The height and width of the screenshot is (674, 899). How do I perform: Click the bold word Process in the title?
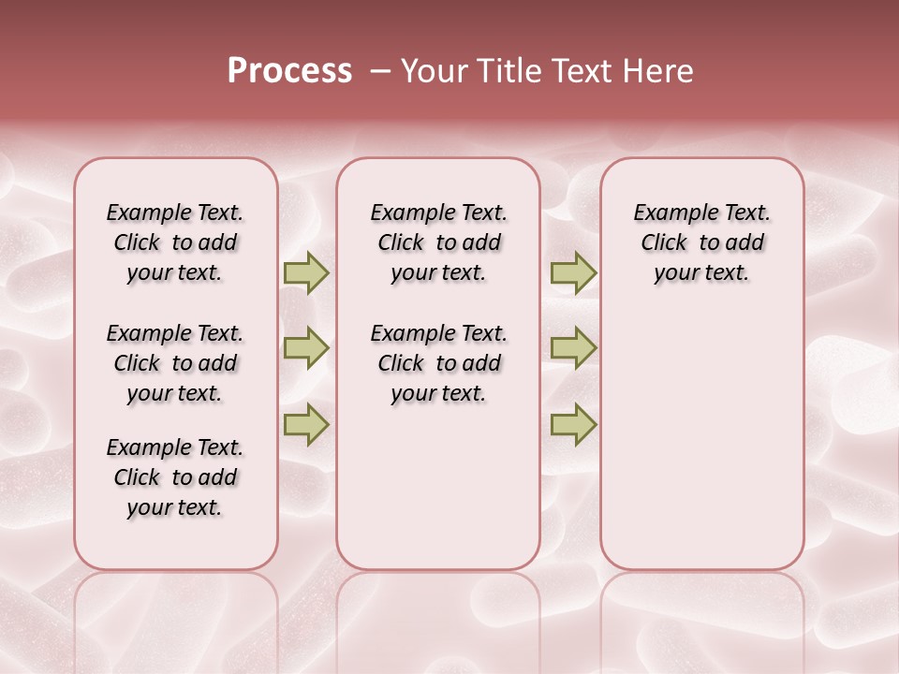click(x=289, y=71)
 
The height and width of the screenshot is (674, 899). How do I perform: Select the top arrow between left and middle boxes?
click(x=306, y=273)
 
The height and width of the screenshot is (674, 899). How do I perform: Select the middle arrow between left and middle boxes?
click(x=306, y=348)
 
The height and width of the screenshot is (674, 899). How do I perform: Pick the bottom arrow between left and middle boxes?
click(x=306, y=424)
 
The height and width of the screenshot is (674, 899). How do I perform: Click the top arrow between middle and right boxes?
click(x=573, y=273)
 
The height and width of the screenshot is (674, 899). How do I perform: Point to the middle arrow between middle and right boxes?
click(x=573, y=348)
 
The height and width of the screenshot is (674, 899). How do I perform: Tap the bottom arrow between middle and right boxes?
click(x=573, y=424)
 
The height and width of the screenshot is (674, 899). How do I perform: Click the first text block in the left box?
click(x=175, y=242)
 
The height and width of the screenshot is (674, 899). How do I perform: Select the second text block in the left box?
click(x=175, y=363)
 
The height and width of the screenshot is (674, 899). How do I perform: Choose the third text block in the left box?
click(x=175, y=477)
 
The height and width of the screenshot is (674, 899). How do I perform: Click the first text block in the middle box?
click(x=438, y=242)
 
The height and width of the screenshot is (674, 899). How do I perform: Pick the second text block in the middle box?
click(x=438, y=363)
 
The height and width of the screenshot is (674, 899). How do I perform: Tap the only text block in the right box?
click(x=702, y=242)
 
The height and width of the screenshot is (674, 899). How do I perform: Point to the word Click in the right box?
click(x=664, y=243)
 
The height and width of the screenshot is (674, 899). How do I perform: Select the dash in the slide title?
click(x=380, y=71)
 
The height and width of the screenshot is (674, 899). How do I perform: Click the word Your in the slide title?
click(x=434, y=71)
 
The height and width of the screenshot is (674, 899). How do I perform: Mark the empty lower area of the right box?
click(x=702, y=440)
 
